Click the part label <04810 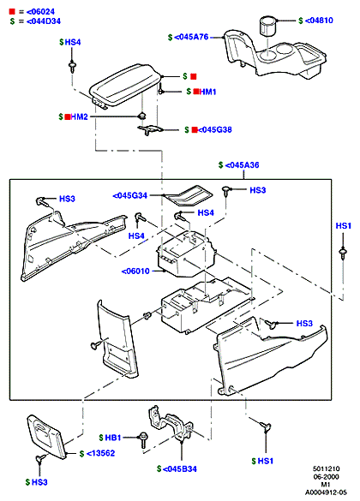[x=319, y=21]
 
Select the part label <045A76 [x=191, y=37]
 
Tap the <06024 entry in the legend [x=40, y=12]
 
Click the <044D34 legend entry [x=44, y=21]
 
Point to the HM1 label [x=207, y=92]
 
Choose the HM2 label [x=79, y=117]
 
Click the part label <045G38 [x=215, y=129]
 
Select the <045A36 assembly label [x=242, y=165]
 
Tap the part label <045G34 [x=130, y=195]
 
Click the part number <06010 [x=135, y=271]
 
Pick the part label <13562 [x=100, y=453]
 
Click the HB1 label [x=113, y=438]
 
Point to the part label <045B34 [x=180, y=469]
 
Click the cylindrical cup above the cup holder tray [x=267, y=26]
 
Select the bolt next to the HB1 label [x=142, y=440]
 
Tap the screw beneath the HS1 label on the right [x=343, y=253]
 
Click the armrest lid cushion [x=123, y=85]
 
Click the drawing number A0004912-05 [x=326, y=492]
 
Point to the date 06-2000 [x=326, y=477]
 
